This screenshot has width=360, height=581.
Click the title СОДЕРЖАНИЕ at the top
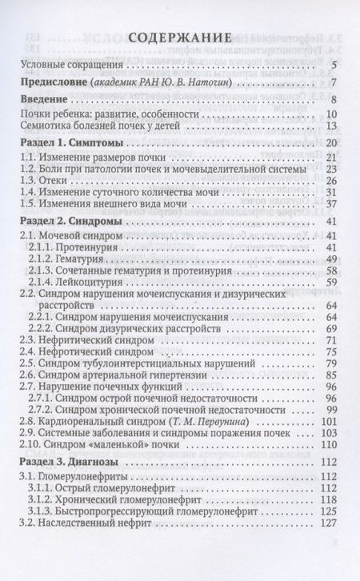click(x=180, y=38)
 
